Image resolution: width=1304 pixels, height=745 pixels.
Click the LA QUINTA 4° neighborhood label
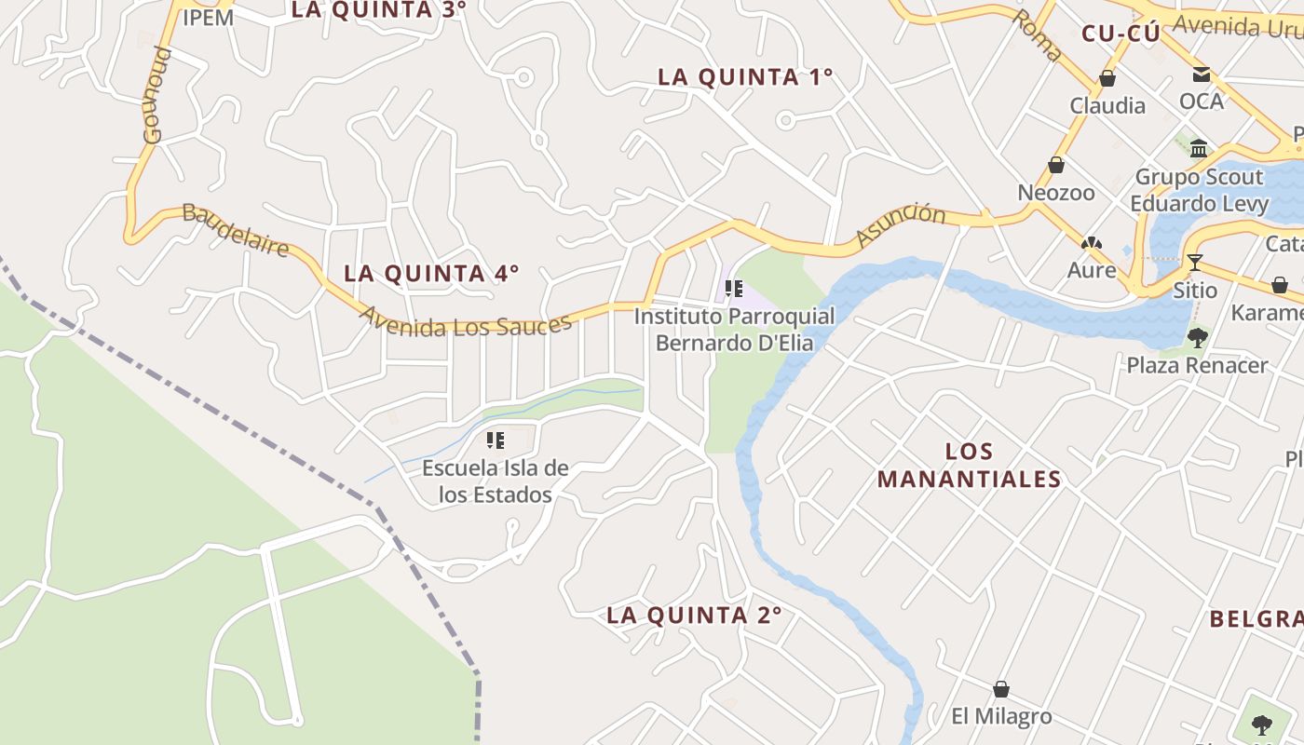pos(431,274)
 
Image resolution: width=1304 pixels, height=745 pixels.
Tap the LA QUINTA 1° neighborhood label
pos(745,77)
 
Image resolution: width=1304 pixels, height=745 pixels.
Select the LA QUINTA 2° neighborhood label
pos(694,616)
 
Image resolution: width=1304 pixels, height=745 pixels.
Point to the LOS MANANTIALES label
pos(969,466)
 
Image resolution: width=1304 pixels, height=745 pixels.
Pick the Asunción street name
pos(900,224)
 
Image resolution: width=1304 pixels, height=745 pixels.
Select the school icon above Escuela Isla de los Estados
pos(496,440)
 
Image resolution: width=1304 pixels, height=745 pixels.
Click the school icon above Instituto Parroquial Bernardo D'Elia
pos(734,289)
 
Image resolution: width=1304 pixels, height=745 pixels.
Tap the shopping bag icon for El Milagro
pos(1001,689)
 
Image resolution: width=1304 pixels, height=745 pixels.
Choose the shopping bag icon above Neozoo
pos(1056,165)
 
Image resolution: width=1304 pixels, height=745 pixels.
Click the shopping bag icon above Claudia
pos(1107,78)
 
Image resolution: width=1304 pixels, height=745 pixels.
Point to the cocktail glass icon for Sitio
pos(1195,263)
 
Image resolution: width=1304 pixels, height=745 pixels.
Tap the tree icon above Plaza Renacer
pos(1198,337)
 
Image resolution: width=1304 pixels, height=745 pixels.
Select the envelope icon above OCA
pos(1202,74)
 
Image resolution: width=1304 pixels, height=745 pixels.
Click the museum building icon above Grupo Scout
pos(1199,148)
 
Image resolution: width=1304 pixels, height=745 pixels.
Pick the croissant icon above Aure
pos(1091,244)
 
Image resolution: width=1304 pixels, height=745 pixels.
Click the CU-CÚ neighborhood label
pos(1121,34)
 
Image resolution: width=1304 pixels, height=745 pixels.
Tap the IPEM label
pos(208,17)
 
